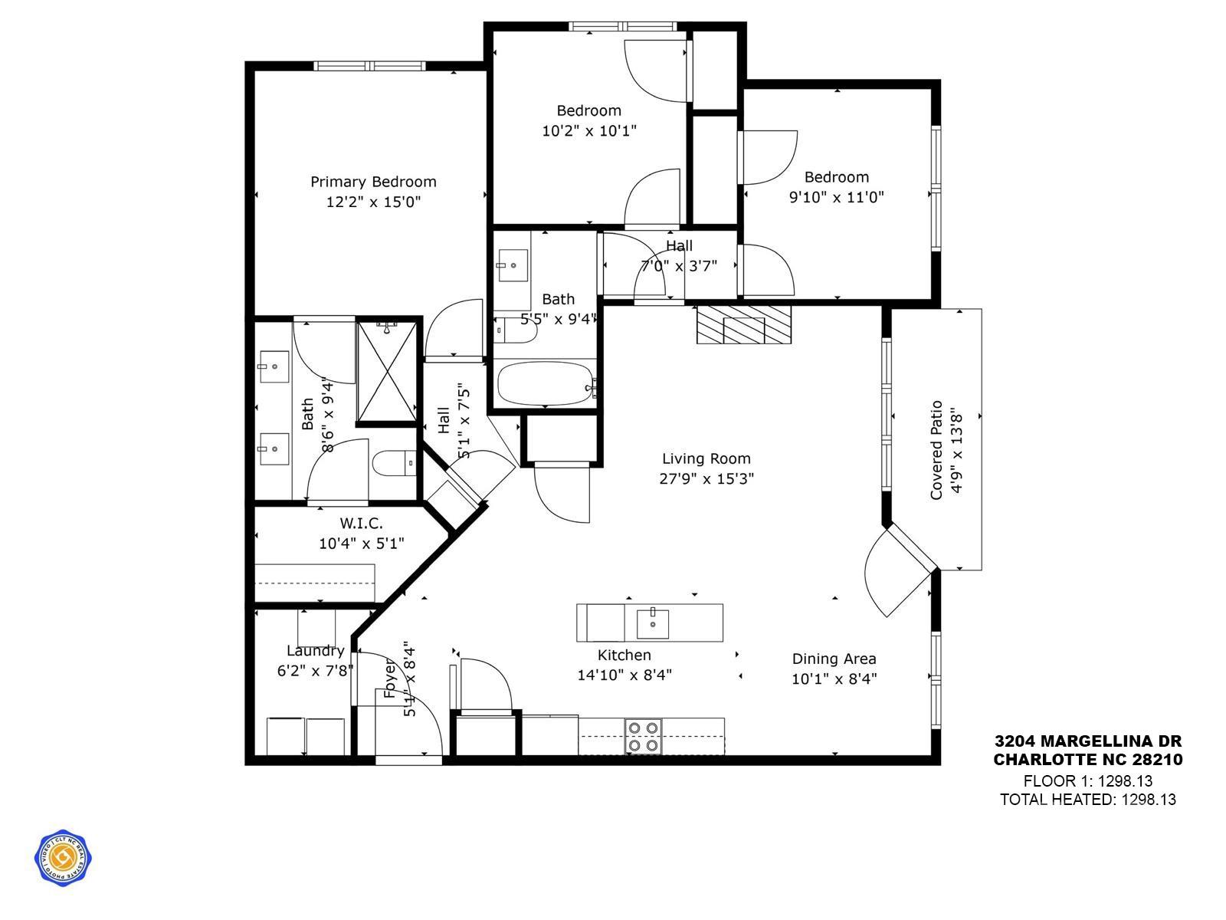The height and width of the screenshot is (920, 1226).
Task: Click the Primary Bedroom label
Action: point(373,182)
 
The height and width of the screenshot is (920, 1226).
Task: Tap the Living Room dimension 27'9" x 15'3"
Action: point(706,479)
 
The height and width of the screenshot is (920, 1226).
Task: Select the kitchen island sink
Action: point(652,623)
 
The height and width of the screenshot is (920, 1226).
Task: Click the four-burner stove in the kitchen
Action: point(644,736)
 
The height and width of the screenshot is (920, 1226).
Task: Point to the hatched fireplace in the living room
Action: point(742,324)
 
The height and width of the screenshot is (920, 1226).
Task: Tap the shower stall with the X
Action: point(387,373)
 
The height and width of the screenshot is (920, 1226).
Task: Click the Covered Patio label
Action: point(936,450)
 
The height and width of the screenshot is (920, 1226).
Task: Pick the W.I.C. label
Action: point(361,524)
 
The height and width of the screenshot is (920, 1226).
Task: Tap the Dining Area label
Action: point(834,659)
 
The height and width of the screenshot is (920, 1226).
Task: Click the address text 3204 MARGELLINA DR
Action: point(1088,741)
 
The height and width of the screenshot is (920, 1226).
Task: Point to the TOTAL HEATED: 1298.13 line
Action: point(1087,800)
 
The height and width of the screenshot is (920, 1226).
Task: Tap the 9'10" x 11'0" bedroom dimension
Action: point(836,197)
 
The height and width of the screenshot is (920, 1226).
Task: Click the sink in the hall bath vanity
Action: point(512,267)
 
